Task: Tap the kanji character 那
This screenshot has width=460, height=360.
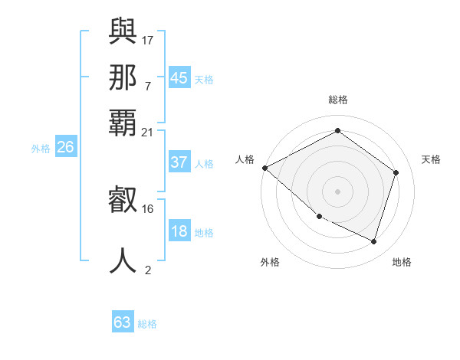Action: [x=123, y=78]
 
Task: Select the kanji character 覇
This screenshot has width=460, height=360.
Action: [x=123, y=122]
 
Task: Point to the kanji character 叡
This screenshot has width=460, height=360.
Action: [x=123, y=201]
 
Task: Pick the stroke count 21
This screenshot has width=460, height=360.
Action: [x=148, y=133]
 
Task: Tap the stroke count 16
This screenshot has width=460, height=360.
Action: [x=148, y=208]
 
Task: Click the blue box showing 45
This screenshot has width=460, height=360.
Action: [x=179, y=78]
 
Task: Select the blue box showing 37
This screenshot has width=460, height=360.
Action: [x=179, y=162]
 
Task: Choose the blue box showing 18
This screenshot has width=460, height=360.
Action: [x=179, y=232]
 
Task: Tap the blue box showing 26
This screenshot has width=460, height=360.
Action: [x=65, y=148]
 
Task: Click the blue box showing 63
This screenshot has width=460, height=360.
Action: [x=122, y=322]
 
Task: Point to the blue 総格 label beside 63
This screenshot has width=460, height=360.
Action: [x=147, y=324]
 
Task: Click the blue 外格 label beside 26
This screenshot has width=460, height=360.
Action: [x=41, y=149]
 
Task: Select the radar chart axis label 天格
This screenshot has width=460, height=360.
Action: [x=432, y=159]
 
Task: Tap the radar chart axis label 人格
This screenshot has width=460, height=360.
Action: [x=245, y=159]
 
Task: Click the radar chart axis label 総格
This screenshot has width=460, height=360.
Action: [x=337, y=100]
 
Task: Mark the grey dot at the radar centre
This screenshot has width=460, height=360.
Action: [x=337, y=191]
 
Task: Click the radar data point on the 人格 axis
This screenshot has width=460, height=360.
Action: [x=264, y=168]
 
